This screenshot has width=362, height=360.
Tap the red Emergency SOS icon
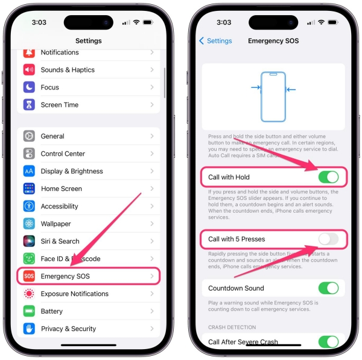coord(29,276)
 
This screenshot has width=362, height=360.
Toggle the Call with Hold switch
coord(328,177)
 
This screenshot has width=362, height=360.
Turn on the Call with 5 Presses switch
coord(328,239)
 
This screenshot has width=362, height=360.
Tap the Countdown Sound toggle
coord(328,288)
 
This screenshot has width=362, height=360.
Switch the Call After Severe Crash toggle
coord(328,342)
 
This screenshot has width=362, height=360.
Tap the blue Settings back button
coord(215,41)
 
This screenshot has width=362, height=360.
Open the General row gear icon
coord(29,136)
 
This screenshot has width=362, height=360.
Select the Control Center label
coord(63,153)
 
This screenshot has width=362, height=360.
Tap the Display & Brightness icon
coord(29,171)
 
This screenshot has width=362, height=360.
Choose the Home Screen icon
coord(29,188)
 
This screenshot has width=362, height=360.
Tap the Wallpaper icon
coord(29,223)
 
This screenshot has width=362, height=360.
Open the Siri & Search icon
coord(29,241)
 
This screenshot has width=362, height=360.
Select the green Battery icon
coord(29,311)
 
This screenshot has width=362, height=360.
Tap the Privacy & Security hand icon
coord(29,329)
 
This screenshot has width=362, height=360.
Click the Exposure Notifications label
coord(74,294)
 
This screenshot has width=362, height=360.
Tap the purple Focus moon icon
coord(29,87)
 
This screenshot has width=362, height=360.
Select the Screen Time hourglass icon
coord(29,104)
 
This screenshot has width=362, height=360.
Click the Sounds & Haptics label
coord(68,69)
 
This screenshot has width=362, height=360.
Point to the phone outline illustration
coord(273,97)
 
